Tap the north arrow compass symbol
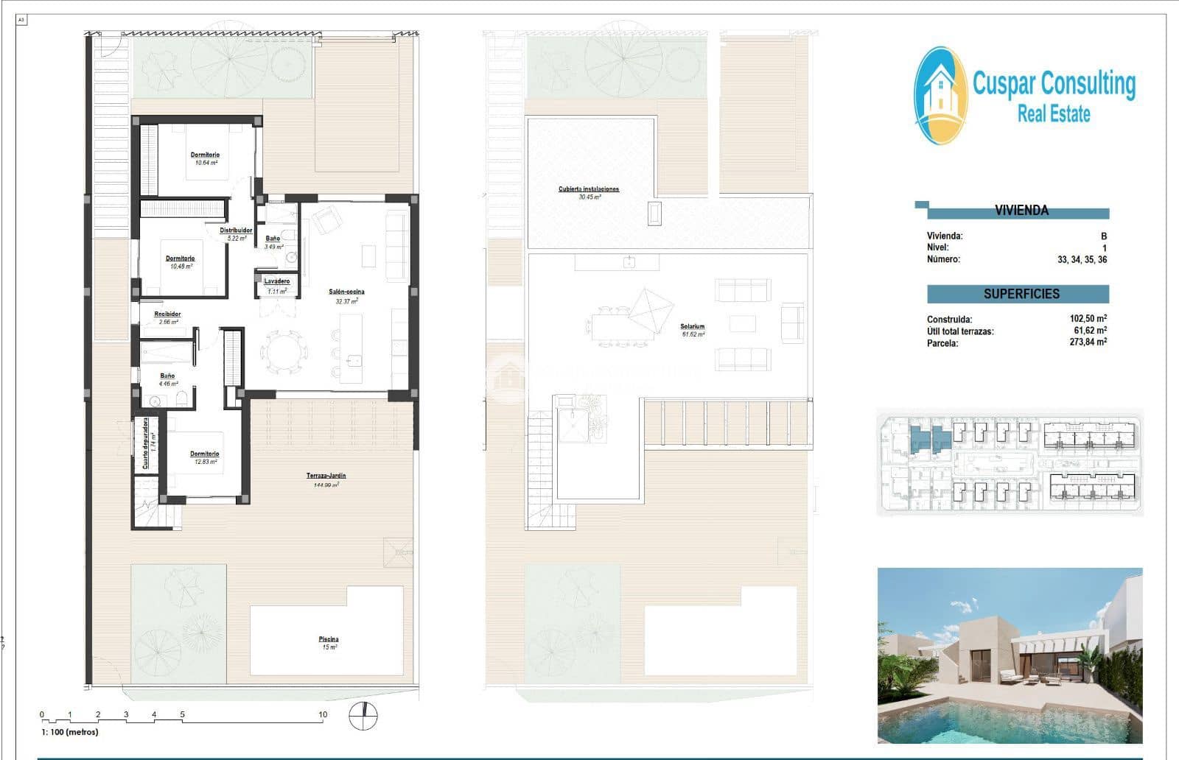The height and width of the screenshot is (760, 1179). (363, 715)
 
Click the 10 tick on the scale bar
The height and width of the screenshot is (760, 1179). (323, 714)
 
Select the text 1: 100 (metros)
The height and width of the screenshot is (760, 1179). (69, 732)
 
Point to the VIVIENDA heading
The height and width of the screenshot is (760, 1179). (1021, 211)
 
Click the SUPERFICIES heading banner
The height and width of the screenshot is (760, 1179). (1021, 294)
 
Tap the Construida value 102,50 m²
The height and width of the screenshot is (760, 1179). (1088, 319)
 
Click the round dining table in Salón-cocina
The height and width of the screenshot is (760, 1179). (284, 353)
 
